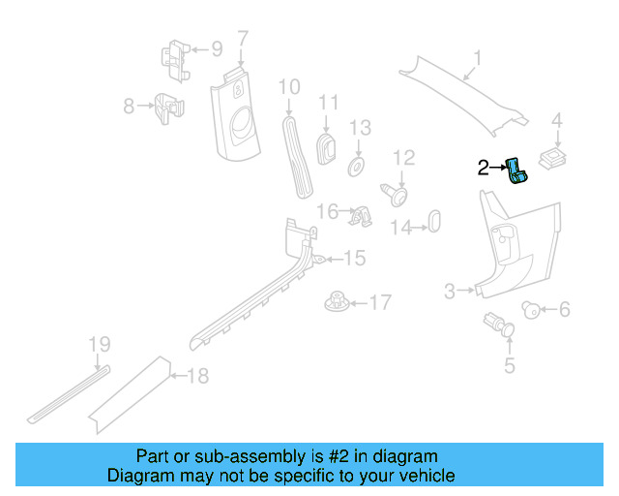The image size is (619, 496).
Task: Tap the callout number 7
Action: pos(243,39)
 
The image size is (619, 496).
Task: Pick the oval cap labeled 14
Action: pos(434,219)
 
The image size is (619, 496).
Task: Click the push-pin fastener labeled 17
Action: pos(338,302)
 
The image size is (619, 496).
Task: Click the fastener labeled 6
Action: pos(530,310)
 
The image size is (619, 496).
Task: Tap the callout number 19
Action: pos(100,344)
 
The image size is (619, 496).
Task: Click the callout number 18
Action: pos(197,376)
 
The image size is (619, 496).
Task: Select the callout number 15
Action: pos(355,258)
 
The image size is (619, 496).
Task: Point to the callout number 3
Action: pos(450,291)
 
